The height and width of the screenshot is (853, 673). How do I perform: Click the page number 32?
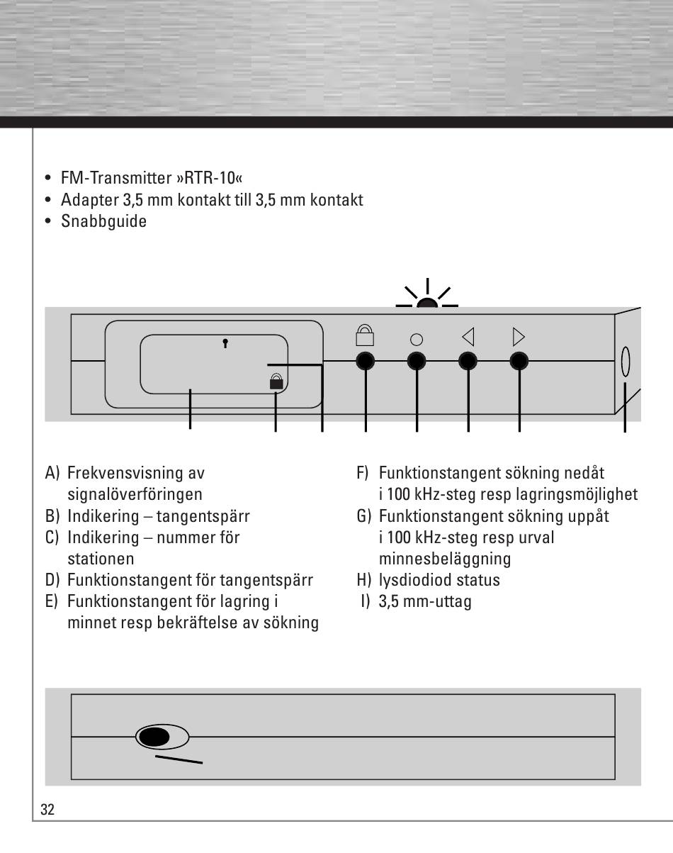[47, 810]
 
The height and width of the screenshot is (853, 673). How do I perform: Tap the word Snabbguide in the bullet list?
[103, 221]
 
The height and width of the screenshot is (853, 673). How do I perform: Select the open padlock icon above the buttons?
[365, 335]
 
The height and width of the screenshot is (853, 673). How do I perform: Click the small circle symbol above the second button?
[417, 340]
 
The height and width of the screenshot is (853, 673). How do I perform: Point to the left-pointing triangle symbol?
[468, 338]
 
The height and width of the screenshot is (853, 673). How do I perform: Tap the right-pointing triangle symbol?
[519, 338]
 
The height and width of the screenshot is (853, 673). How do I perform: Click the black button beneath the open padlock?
[366, 361]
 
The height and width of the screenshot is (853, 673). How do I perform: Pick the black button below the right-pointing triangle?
[519, 361]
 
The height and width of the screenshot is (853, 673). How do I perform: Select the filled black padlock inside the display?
[276, 381]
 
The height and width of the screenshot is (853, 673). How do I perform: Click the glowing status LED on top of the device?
[427, 303]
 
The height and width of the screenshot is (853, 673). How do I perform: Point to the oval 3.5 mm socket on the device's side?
[626, 362]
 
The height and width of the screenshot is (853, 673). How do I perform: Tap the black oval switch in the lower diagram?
[154, 737]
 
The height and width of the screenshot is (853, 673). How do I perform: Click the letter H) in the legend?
[364, 580]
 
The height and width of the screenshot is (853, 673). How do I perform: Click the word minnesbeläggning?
[445, 559]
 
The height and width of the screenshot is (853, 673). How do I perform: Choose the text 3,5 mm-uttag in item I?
[425, 602]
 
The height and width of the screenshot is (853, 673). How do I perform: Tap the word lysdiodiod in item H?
[416, 580]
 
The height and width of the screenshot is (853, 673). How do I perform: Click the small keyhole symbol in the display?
[225, 343]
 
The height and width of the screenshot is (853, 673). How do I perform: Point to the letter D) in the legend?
[52, 580]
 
